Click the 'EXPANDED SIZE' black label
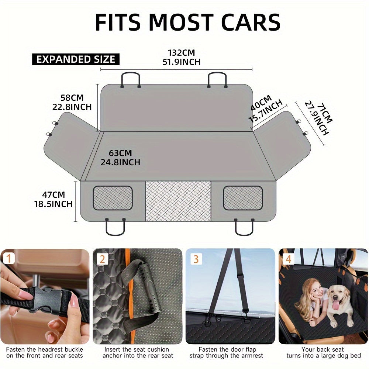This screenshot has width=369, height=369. (x=76, y=59)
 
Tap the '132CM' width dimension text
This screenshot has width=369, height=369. (x=181, y=52)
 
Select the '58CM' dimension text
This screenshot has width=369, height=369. (x=72, y=98)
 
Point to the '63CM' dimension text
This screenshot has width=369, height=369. (x=120, y=153)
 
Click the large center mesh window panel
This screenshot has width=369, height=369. (x=178, y=201)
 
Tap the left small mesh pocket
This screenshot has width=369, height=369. (x=113, y=198)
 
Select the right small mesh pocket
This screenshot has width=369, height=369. (x=243, y=198)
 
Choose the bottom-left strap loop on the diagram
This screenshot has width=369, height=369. (x=115, y=227)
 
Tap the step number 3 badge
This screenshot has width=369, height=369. (x=196, y=259)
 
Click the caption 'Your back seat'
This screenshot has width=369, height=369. (x=323, y=349)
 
